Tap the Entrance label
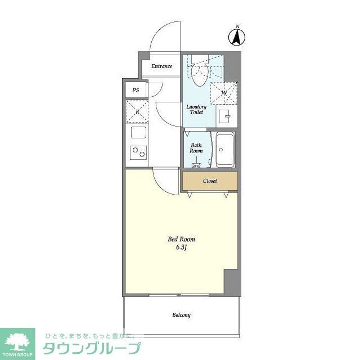tap(161, 66)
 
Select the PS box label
tap(136, 90)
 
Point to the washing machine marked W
tap(224, 93)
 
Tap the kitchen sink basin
tap(138, 133)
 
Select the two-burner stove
tap(138, 152)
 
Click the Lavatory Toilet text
tap(196, 109)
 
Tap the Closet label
tap(210, 181)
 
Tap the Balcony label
tap(181, 315)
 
